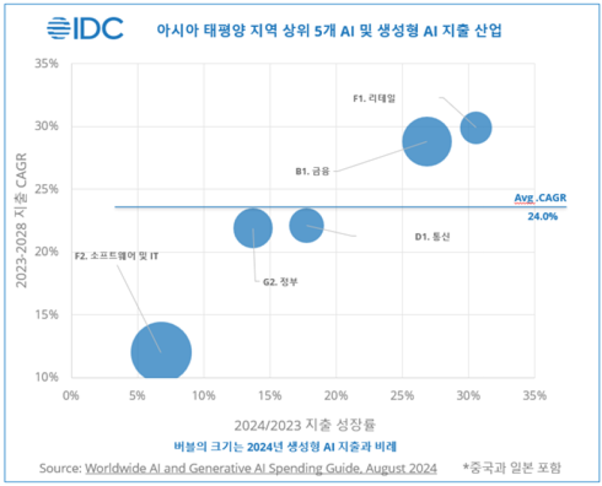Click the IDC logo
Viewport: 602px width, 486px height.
click(85, 28)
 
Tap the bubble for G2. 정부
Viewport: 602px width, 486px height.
click(253, 229)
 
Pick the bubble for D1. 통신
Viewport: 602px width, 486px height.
click(307, 225)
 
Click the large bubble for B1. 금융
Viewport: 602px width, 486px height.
click(427, 142)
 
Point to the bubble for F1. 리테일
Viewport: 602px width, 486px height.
click(475, 126)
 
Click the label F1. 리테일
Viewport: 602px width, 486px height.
click(374, 98)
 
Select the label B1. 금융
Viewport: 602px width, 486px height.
click(312, 172)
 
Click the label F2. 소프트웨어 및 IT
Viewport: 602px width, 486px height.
click(117, 256)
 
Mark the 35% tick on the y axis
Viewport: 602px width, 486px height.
click(47, 63)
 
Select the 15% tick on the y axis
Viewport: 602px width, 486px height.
click(47, 314)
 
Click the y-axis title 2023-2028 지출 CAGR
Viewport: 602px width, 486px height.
click(22, 220)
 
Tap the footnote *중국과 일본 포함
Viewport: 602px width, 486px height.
click(511, 468)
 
